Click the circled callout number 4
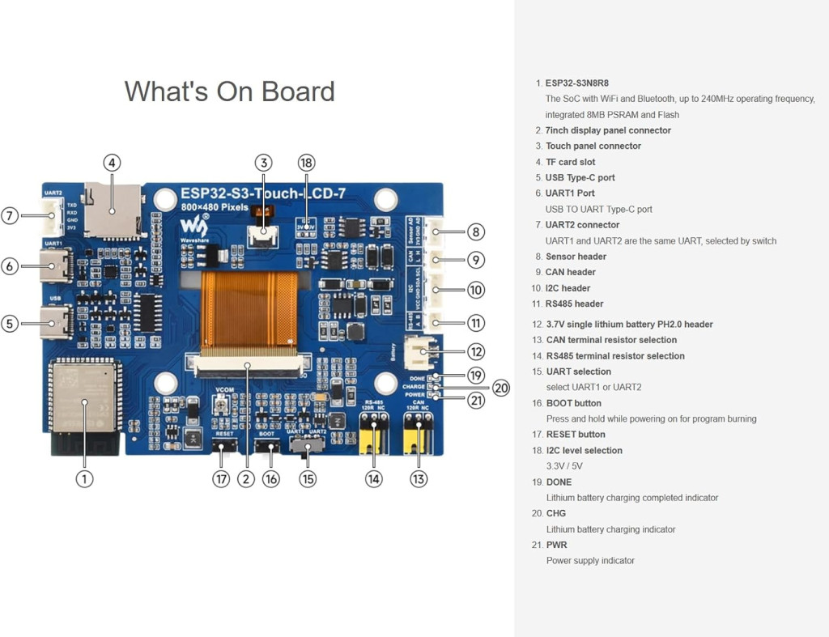113,163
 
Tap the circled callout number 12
476,351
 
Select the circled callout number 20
502,388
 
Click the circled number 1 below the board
84,478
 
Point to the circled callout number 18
306,163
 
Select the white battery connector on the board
418,351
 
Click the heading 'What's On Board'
229,91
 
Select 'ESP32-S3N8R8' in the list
576,83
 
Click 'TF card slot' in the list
570,162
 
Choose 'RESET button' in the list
576,435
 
